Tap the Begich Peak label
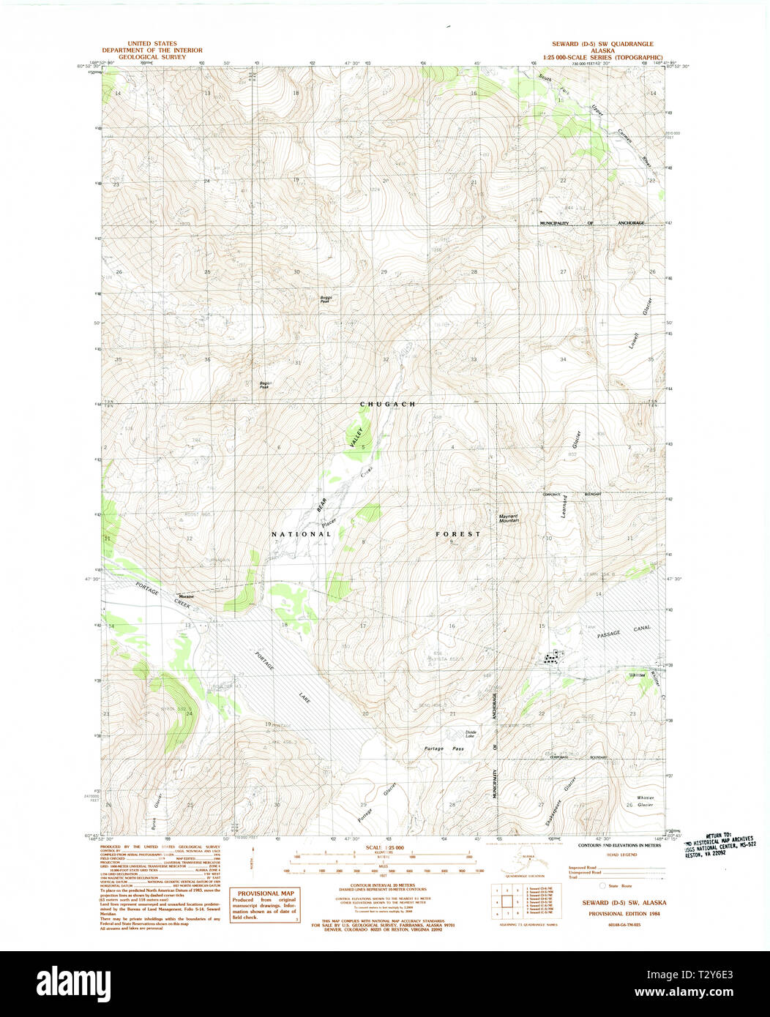[265, 384]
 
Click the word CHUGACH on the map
[387, 404]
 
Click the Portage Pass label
[444, 748]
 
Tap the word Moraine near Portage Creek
[186, 596]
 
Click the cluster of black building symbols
[555, 656]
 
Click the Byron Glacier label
[155, 812]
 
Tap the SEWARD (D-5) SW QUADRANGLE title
[602, 44]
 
